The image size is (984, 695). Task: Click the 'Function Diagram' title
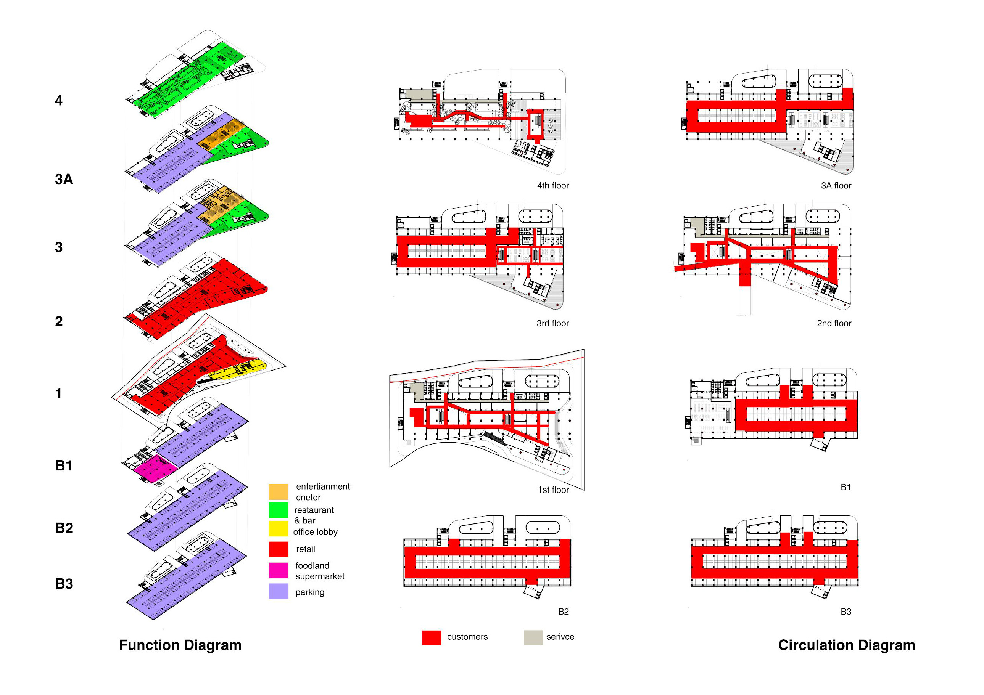point(180,645)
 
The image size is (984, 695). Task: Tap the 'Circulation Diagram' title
point(846,645)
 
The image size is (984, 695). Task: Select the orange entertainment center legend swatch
point(278,491)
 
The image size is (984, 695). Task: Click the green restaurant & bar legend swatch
point(278,510)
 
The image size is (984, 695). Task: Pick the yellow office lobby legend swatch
point(278,528)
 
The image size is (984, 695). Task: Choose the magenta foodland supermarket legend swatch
point(278,570)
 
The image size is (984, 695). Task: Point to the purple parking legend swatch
point(278,591)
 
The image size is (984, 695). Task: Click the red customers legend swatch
point(431,637)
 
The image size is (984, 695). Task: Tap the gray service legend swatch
point(533,637)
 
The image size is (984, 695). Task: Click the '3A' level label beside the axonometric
point(64,179)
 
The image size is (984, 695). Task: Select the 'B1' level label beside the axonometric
point(64,465)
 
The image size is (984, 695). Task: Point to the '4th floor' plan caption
point(553,185)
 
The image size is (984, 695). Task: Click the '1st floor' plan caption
point(553,490)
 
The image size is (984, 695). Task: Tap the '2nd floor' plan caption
point(834,323)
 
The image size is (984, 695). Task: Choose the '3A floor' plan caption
point(836,185)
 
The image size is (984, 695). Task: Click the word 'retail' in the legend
point(305,549)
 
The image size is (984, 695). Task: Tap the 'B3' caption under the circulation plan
point(845,612)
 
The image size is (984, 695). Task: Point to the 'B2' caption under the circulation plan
point(563,612)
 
